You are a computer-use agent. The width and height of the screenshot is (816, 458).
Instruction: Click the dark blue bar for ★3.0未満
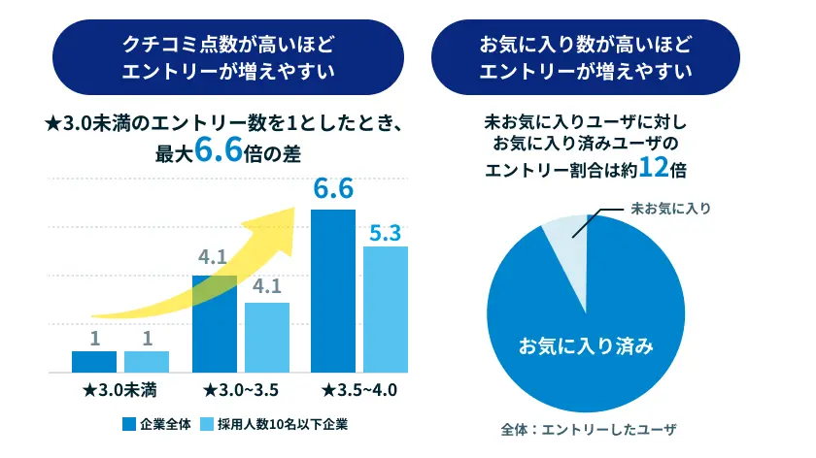pos(94,362)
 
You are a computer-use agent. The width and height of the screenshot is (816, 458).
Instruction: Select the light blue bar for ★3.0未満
pos(147,362)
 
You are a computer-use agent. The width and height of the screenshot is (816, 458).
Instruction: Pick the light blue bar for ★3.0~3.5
pos(267,338)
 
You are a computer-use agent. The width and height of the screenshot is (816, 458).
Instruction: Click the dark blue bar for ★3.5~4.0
pos(332,290)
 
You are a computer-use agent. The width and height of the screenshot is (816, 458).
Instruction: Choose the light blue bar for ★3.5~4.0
pos(386,309)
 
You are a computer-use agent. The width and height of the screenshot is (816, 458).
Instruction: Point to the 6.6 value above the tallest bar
pos(332,190)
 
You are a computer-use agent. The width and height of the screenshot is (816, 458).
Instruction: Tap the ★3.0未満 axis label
pos(120,390)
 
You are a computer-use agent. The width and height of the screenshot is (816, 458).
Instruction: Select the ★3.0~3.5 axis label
pos(241,390)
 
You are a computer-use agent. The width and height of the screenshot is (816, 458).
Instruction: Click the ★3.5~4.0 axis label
pos(359,390)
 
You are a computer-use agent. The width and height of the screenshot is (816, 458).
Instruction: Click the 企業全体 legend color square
pos(128,423)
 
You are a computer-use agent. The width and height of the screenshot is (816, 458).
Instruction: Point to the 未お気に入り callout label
pos(671,208)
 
